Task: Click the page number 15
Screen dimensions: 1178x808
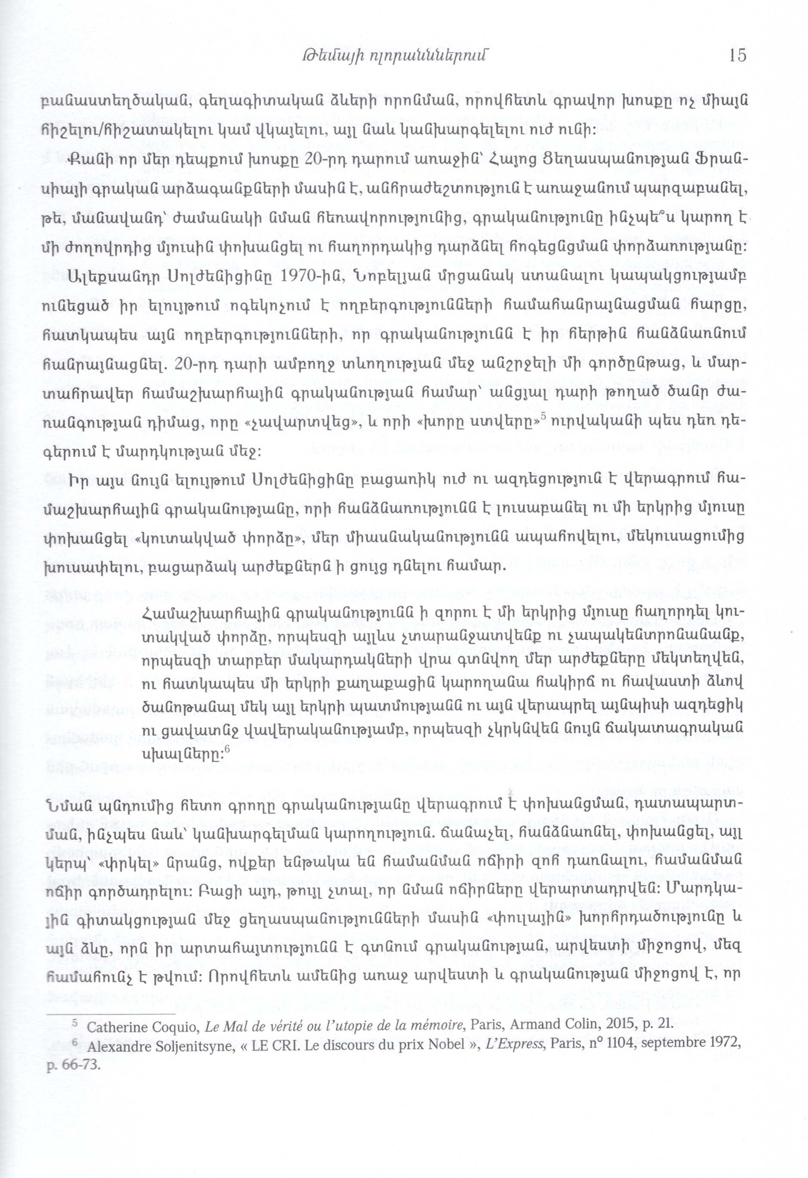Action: [737, 55]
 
